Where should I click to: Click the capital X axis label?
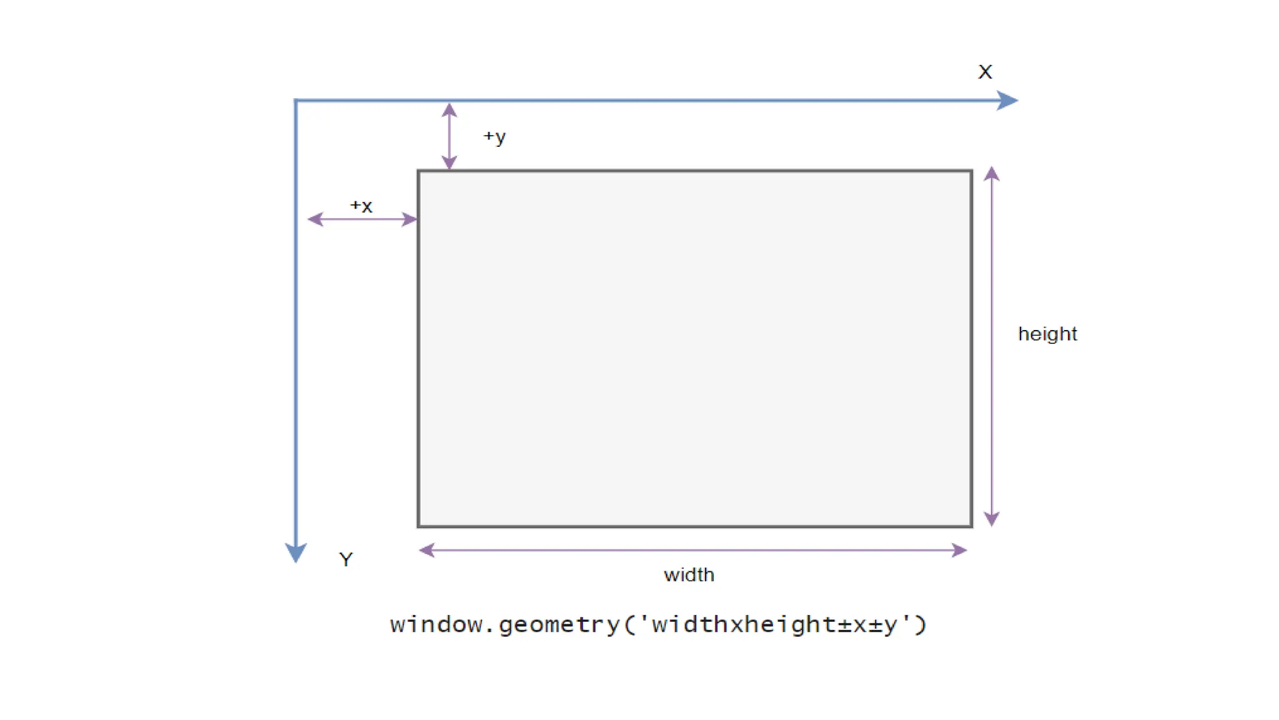pos(985,72)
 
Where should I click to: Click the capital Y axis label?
pos(346,559)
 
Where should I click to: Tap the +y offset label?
pos(495,137)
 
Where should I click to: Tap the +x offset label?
pos(361,206)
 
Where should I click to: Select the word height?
pos(1047,334)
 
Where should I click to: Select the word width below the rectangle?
pos(689,574)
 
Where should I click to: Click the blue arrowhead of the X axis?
pos(1007,100)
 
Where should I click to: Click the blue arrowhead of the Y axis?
pos(295,552)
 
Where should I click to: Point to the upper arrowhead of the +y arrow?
pos(449,111)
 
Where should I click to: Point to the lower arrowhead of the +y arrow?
pos(449,162)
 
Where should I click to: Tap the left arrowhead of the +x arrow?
pos(315,219)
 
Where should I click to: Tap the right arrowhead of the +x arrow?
pos(410,219)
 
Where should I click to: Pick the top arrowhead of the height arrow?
pos(992,174)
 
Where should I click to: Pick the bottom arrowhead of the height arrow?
pos(992,518)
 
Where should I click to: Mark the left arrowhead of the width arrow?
pos(427,550)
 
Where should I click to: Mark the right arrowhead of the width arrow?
pos(959,550)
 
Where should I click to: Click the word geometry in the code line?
pos(559,624)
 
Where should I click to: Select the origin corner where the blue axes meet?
pos(296,100)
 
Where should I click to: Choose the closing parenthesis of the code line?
pos(921,624)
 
